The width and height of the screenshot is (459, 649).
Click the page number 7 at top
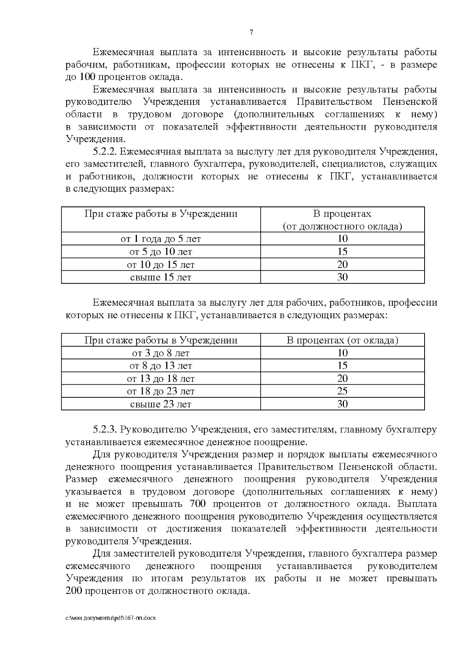(251, 33)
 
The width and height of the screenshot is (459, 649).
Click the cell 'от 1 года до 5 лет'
(161, 239)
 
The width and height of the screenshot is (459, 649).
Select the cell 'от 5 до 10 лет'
(161, 252)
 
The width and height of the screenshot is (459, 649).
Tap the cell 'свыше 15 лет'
(161, 277)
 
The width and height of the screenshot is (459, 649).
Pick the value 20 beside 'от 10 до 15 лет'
(342, 265)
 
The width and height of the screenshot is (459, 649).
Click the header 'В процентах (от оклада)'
(342, 340)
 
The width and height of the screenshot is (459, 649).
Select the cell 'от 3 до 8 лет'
(161, 353)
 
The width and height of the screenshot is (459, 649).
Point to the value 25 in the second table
(342, 391)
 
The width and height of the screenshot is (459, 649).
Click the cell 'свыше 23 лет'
(161, 404)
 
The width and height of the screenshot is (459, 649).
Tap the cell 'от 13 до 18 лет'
(161, 379)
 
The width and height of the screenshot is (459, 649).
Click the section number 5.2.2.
(104, 152)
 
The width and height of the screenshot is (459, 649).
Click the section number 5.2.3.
(104, 430)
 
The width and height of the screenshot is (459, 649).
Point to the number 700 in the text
(197, 504)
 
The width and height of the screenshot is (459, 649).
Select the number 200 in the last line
(73, 591)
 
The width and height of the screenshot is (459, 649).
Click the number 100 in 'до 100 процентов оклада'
(87, 77)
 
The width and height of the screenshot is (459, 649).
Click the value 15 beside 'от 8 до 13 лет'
(342, 366)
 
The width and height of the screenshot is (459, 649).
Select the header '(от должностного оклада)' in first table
(342, 226)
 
